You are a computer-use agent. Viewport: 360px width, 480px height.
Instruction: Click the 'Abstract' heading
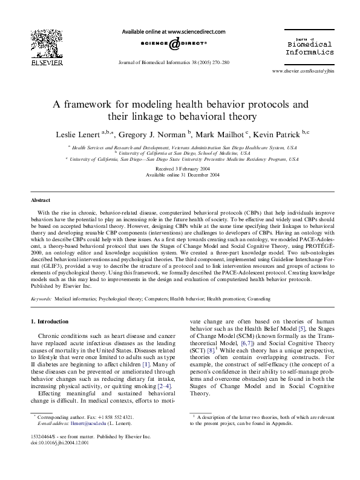click(x=41, y=199)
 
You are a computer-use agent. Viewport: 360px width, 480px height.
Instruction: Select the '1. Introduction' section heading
click(x=49, y=320)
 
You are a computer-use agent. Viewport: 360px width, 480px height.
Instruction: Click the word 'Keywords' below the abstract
click(x=41, y=299)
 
